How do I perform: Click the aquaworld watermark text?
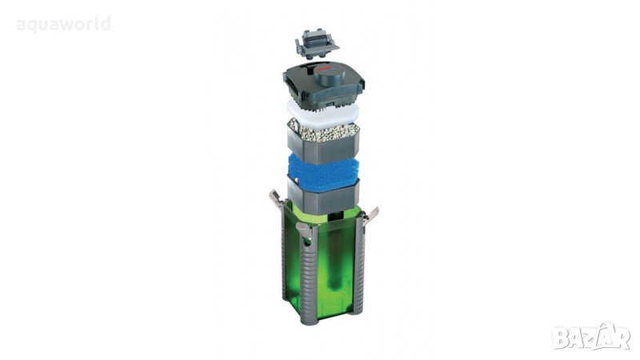click(64, 24)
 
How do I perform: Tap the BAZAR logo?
click(591, 337)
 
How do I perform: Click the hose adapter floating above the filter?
click(317, 43)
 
